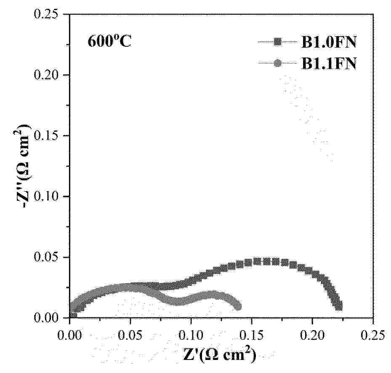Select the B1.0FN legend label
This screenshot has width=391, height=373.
point(329,42)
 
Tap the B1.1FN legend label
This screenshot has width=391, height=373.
point(329,64)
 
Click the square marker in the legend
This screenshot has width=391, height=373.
point(278,42)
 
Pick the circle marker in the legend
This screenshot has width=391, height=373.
point(278,64)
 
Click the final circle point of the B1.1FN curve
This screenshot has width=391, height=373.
point(238,306)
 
